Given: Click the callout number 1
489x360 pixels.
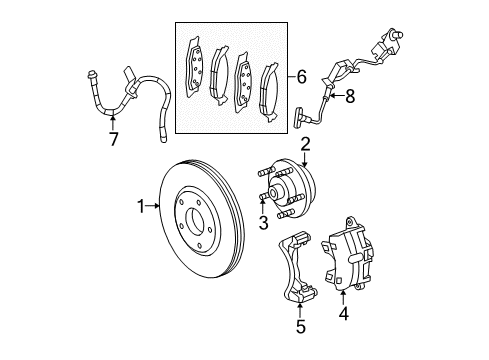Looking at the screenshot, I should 141,207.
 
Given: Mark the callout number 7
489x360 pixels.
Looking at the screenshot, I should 113,138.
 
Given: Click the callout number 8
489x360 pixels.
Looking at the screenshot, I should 349,96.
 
